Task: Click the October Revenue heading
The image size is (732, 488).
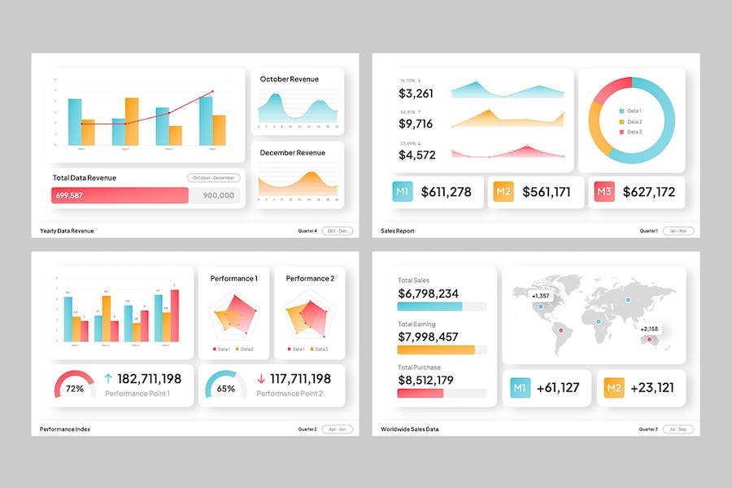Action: (289, 79)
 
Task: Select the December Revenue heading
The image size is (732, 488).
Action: (292, 153)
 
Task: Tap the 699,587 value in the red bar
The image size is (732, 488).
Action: (69, 195)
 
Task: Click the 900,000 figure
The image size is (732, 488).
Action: (219, 195)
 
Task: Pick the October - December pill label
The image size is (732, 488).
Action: (213, 177)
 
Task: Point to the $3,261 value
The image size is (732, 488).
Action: (416, 94)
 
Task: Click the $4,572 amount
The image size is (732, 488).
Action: (416, 155)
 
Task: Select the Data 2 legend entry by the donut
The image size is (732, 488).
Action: (630, 121)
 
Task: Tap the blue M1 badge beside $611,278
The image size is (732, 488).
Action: (402, 192)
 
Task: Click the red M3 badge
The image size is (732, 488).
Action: (603, 192)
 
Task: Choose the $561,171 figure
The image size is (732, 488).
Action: (546, 192)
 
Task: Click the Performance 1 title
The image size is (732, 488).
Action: (233, 278)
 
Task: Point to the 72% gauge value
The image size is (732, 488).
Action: (74, 389)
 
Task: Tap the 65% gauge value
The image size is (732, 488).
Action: (225, 389)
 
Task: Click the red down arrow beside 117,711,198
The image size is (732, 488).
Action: (261, 379)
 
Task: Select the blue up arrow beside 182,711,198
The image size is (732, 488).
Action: (108, 379)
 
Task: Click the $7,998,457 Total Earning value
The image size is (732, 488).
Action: (428, 337)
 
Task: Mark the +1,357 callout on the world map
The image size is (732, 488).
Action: (542, 296)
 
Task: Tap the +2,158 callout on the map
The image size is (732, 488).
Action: (649, 329)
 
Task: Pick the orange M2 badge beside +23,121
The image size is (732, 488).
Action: (614, 388)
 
